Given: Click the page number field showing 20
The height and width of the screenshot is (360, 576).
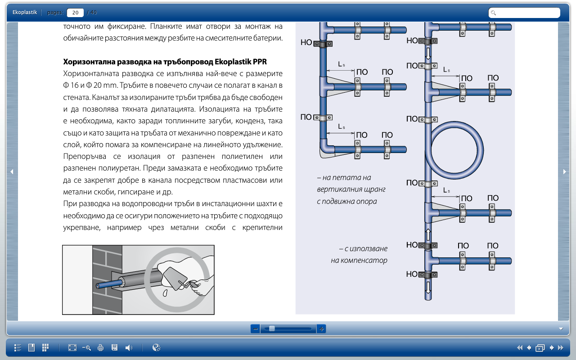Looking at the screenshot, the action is coord(75,13).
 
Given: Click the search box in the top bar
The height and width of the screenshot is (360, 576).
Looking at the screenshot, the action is coord(524,13).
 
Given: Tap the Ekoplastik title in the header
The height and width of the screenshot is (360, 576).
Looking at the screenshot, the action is coord(25,12).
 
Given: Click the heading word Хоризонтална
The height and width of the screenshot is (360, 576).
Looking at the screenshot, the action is coord(88,62).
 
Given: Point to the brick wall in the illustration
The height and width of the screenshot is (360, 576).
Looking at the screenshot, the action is coord(107,279).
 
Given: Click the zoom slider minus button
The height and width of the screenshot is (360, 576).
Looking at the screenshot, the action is coord(255,328).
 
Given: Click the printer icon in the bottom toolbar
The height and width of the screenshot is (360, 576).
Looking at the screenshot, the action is coord(100,348).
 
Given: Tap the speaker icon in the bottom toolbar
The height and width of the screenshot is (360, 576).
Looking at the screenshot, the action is coord(129,348).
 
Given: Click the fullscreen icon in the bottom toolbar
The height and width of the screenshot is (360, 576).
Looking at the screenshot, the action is coord(72,348).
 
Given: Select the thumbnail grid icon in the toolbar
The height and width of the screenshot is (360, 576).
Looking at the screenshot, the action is coord(45,348).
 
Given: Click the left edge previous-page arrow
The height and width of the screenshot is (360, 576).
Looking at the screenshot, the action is coord(12,171).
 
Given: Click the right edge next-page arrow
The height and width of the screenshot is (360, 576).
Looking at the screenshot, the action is coord(564,171).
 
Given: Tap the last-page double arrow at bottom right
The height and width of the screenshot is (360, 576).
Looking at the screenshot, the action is coord(561,348).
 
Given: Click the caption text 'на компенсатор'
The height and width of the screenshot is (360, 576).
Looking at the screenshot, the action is coord(359,261).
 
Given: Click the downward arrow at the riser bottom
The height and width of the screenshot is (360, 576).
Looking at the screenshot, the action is coord(428,288).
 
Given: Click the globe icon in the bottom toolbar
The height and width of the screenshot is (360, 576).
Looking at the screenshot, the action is coord(156,348).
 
